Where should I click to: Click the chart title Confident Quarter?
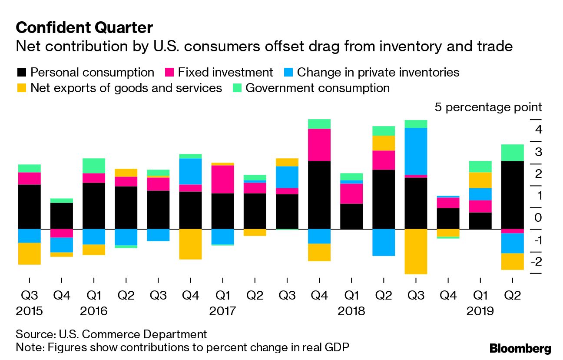(84, 28)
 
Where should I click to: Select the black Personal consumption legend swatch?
(22, 72)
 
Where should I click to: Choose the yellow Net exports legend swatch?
(22, 88)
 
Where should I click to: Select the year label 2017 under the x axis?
(223, 312)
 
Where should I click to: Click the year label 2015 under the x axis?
(30, 312)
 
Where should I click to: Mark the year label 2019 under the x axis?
(480, 312)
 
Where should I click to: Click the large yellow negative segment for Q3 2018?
(416, 251)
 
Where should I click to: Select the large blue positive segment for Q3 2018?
(416, 151)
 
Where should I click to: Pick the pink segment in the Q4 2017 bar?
(319, 145)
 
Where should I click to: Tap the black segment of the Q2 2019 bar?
(512, 195)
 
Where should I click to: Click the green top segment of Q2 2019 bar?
(512, 153)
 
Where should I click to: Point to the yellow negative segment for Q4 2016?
(190, 244)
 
